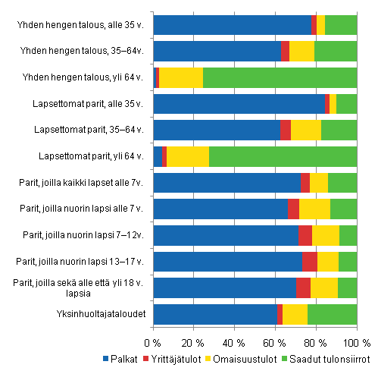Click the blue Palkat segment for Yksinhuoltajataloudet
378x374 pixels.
click(x=215, y=314)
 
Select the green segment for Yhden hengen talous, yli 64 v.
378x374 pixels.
click(x=280, y=77)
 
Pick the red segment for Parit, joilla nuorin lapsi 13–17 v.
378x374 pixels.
click(x=310, y=262)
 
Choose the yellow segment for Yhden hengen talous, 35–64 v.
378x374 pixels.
click(x=301, y=51)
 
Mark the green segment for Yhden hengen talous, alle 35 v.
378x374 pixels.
click(x=341, y=25)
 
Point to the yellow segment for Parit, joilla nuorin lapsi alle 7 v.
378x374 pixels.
click(x=314, y=209)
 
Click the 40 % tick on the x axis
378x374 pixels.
click(x=235, y=336)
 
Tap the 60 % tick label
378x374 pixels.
click(x=276, y=336)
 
